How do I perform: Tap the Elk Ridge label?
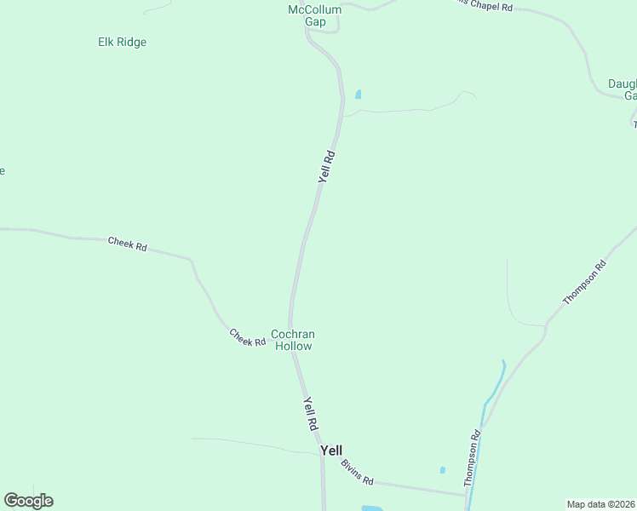[122, 42]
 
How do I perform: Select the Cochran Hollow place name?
[292, 340]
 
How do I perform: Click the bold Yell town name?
[331, 450]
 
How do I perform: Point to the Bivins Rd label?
[357, 472]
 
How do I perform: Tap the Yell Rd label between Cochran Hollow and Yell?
[310, 413]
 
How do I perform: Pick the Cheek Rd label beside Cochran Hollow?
[248, 337]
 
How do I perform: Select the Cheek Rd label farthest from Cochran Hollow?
[128, 244]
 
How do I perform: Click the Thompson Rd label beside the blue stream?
[473, 458]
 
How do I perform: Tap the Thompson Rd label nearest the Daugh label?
[585, 282]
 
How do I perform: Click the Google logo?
[28, 501]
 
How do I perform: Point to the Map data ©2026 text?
[601, 504]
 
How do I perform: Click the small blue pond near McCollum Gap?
[358, 94]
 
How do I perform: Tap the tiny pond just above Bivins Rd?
[442, 469]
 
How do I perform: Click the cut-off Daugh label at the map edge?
[623, 89]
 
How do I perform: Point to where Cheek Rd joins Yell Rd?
[290, 328]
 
